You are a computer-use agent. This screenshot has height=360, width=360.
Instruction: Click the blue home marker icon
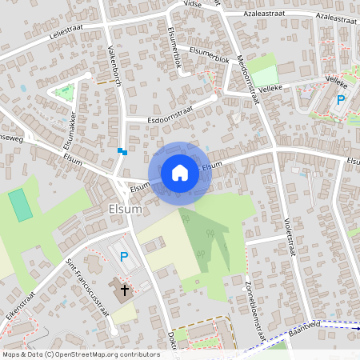(x=180, y=172)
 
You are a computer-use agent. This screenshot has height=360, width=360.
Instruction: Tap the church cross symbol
(x=124, y=290)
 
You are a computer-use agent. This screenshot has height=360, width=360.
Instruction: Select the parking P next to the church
(x=123, y=257)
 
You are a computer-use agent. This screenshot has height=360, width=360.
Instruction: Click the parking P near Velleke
(x=340, y=100)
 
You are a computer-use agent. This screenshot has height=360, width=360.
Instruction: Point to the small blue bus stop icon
(x=122, y=150)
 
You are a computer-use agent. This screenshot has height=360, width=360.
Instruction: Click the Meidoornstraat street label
(x=249, y=79)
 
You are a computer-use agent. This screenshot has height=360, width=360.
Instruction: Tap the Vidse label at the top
(x=192, y=4)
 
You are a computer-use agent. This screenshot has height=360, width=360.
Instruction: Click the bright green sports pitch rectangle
(x=22, y=204)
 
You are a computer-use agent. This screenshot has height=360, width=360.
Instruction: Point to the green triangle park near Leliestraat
(x=64, y=91)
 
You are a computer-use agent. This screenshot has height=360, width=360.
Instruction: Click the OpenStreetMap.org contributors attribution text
(x=104, y=354)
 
